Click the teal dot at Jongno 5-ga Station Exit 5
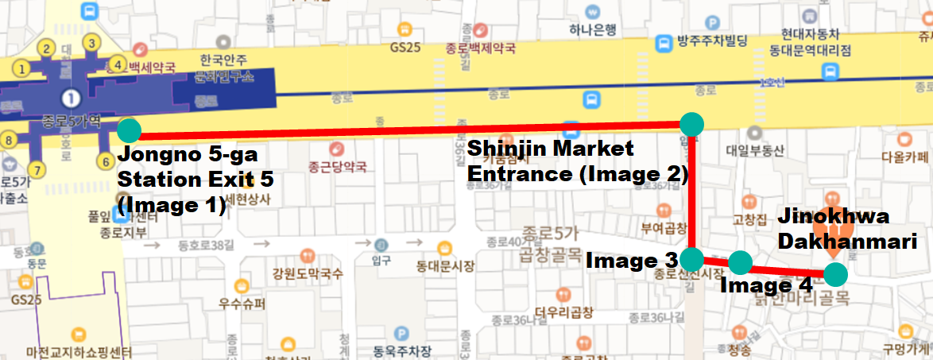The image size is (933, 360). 128,130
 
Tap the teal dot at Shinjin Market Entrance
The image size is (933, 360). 692,123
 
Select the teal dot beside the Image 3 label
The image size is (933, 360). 692,258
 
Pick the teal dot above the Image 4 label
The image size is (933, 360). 740,262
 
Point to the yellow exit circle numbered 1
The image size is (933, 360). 22,68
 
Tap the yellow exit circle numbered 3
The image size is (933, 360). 92,43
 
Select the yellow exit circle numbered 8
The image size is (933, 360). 9,140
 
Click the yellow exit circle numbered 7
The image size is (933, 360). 36,168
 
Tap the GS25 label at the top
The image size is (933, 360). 405,47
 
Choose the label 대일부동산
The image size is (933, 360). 755,149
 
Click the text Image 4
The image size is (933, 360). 765,284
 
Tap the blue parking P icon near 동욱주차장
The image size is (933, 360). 402,334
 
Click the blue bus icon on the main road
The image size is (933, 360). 591,99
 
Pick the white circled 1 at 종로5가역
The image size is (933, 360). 72,99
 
